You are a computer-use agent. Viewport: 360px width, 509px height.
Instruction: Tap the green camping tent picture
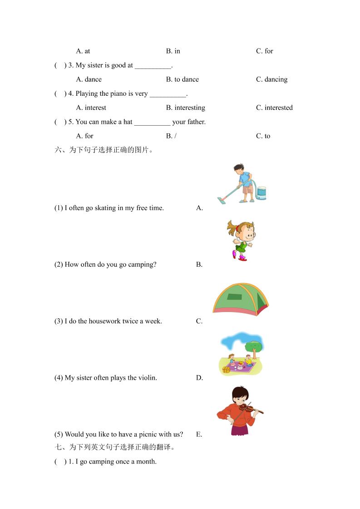click(241, 299)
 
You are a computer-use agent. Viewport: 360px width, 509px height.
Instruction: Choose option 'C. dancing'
click(271, 79)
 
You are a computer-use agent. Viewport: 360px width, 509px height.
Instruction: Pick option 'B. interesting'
click(185, 108)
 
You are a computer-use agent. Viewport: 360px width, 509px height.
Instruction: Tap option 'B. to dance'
click(182, 79)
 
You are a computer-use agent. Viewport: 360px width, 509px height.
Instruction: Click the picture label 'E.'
click(199, 434)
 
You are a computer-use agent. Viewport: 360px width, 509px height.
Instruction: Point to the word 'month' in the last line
click(146, 462)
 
